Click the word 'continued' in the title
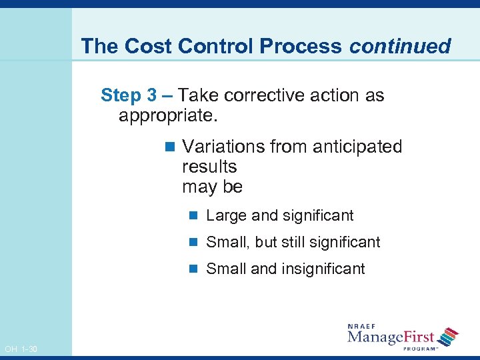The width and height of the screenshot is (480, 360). coord(400,46)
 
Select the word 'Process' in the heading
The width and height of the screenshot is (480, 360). coord(301,46)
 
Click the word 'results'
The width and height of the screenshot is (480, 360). coord(209,167)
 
